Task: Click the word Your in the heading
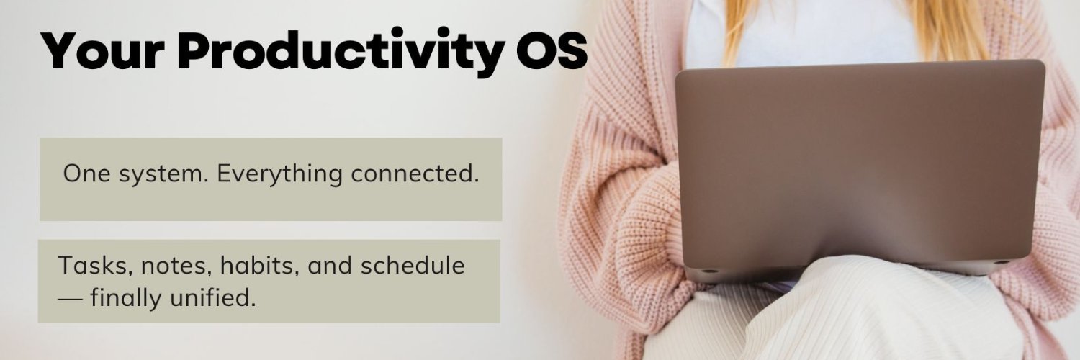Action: tap(103, 50)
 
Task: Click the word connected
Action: tap(415, 174)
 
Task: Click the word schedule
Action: tap(413, 265)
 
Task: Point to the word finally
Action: tap(126, 298)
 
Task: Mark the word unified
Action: tap(213, 297)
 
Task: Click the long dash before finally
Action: tap(70, 299)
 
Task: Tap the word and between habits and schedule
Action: tap(330, 265)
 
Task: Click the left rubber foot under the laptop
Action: tap(708, 271)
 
